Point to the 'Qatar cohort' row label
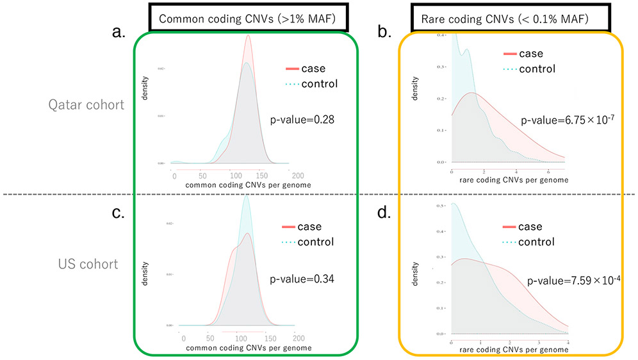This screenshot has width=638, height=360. (x=86, y=104)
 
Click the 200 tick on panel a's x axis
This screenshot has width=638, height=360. (x=297, y=175)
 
